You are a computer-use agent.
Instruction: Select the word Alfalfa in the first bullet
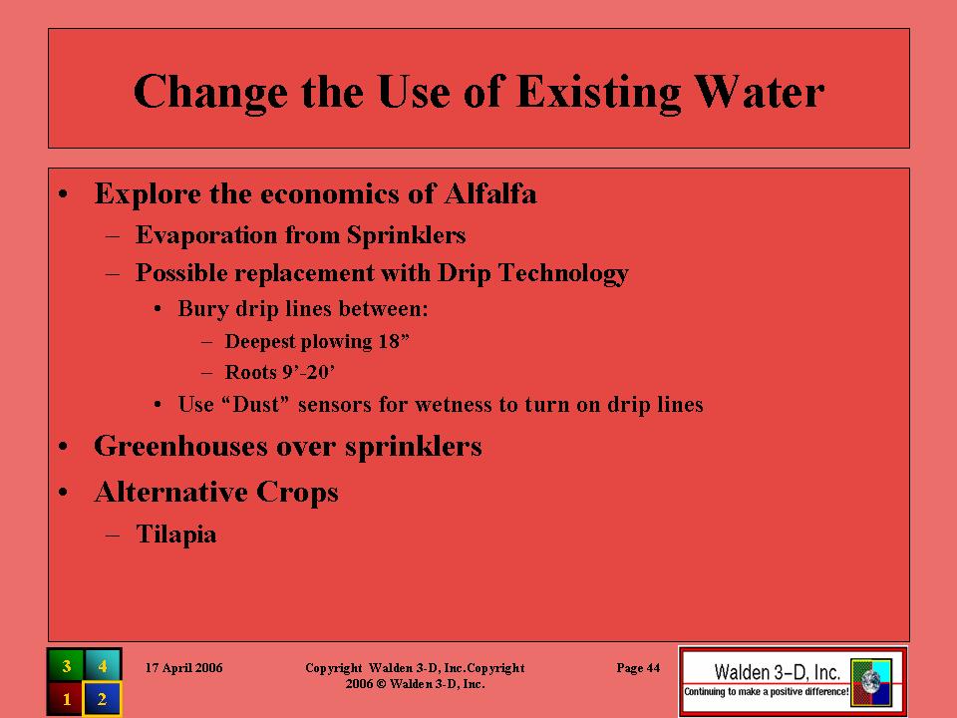pos(490,194)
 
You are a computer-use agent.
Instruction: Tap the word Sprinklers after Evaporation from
pos(406,235)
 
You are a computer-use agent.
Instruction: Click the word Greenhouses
pos(180,447)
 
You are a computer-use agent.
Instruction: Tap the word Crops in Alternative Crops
pos(297,492)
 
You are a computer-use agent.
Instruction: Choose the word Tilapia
pos(175,535)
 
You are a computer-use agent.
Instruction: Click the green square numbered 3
pos(66,665)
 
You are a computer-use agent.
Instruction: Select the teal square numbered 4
pos(103,665)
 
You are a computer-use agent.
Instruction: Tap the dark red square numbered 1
pos(66,698)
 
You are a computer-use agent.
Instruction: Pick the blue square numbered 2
pos(103,698)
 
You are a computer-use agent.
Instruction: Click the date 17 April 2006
pos(183,668)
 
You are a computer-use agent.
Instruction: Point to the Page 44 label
pos(638,668)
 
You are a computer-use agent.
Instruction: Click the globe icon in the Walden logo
pos(871,682)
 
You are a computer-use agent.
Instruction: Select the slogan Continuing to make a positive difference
pos(766,692)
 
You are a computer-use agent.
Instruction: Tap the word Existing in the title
pos(598,93)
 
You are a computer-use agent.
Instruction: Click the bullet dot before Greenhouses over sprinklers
pos(64,447)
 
